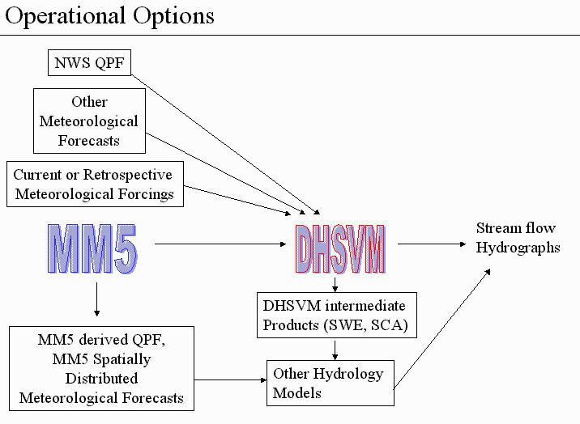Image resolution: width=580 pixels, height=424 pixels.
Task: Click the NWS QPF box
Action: coord(90,63)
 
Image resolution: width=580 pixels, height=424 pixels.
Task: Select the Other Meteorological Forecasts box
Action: coord(90,121)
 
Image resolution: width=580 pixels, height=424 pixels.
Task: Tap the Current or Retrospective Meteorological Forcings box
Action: coord(95,184)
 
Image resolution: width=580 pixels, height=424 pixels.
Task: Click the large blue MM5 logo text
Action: coord(92,248)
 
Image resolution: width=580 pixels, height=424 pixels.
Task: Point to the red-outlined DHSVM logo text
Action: coord(340,248)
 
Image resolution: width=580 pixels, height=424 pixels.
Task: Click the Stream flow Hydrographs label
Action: coord(518,238)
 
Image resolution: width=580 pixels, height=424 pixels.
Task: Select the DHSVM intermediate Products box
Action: coord(337,315)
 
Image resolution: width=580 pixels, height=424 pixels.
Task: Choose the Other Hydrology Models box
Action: coord(331,383)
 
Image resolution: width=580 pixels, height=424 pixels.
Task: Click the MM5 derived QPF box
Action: coord(101,368)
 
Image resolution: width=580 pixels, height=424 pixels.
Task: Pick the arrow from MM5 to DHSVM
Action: coord(220,244)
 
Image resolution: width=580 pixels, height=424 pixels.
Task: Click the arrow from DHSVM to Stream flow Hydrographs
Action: coord(432,244)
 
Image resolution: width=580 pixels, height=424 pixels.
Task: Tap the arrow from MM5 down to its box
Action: coord(97,299)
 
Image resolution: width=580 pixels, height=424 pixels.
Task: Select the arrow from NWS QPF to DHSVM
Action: coord(226,144)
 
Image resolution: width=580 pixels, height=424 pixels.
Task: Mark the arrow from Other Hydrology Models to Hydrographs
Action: coord(442,329)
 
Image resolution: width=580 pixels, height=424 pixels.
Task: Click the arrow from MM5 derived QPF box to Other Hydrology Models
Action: coord(230,379)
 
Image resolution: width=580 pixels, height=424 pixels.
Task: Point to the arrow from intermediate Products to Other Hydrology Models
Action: coord(335,350)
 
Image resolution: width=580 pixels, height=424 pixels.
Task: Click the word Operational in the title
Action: coord(65,16)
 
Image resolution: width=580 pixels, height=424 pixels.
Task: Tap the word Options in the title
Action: coord(173,16)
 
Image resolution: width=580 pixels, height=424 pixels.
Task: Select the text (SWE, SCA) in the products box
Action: coord(366,325)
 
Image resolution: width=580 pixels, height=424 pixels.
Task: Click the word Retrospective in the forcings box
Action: coord(128,175)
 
